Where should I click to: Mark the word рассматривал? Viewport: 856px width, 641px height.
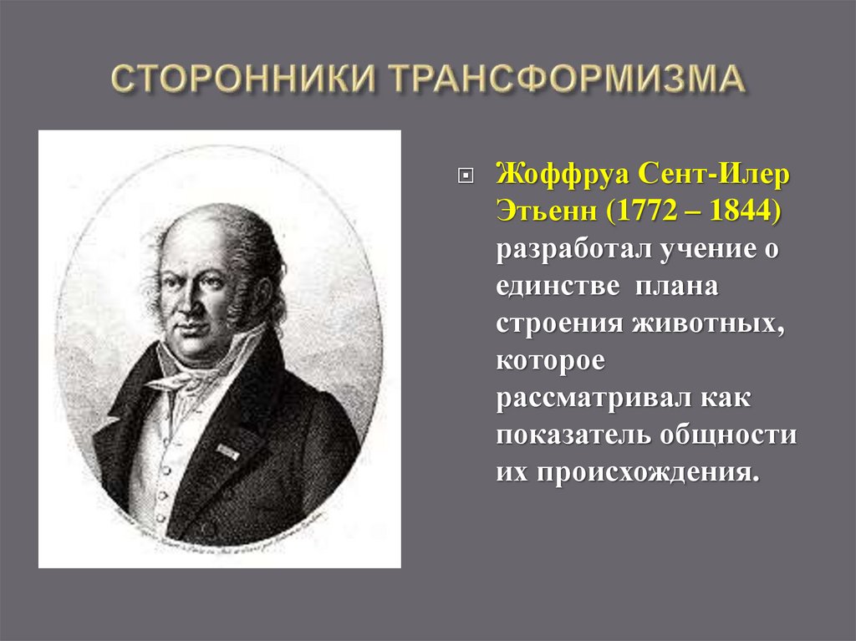tap(589, 399)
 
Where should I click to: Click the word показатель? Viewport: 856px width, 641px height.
tap(574, 436)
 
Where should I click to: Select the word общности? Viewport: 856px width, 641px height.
tap(727, 436)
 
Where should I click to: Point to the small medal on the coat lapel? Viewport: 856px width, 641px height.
tap(227, 451)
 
